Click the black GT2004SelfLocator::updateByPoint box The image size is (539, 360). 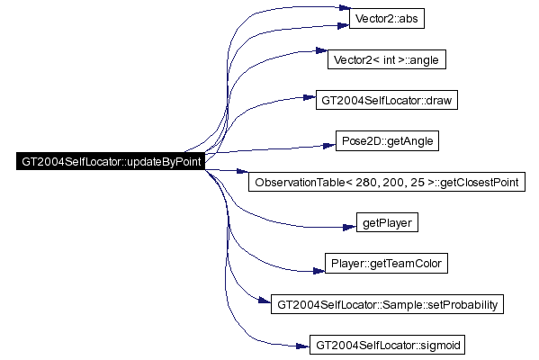[111, 161]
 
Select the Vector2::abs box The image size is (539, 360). [387, 19]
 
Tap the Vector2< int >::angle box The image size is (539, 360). [387, 59]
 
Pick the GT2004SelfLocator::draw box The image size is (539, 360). [387, 100]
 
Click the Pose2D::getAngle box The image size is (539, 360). [387, 140]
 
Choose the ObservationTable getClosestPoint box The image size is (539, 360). [387, 182]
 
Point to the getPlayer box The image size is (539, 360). [387, 222]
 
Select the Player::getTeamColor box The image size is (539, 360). [386, 264]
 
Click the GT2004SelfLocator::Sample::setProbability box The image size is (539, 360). [387, 304]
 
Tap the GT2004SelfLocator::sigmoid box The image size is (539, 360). [387, 345]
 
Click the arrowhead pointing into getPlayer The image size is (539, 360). [350, 228]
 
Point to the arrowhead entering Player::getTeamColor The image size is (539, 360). [319, 271]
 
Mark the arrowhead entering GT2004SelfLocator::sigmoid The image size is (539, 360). [303, 346]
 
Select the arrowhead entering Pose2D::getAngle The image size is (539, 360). [329, 146]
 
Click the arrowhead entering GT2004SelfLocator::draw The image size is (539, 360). [310, 98]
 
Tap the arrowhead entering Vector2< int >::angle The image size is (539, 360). [321, 50]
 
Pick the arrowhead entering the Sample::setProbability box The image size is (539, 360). [265, 301]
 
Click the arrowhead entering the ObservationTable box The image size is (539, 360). [242, 171]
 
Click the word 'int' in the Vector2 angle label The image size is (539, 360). [389, 59]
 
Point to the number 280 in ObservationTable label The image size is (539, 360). [366, 182]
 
